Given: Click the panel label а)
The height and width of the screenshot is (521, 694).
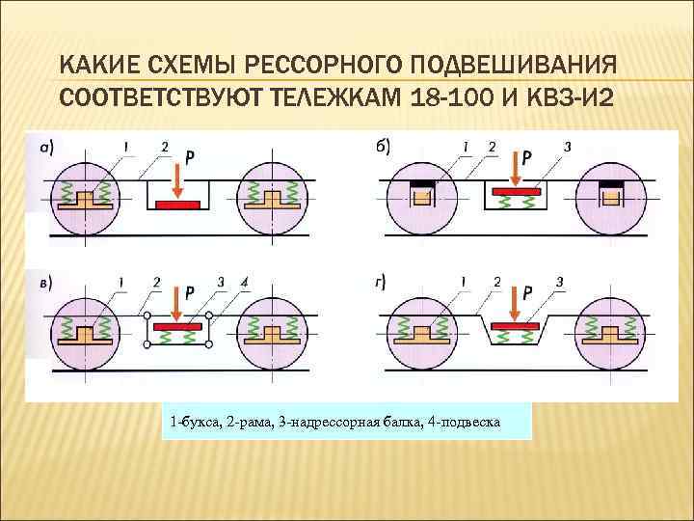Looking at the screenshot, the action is pyautogui.click(x=45, y=147).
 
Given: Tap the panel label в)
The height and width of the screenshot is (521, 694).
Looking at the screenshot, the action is pyautogui.click(x=45, y=282).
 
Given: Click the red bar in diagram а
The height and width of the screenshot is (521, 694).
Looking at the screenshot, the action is pyautogui.click(x=177, y=205).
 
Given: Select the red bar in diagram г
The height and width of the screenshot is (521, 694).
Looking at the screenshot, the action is pyautogui.click(x=516, y=326).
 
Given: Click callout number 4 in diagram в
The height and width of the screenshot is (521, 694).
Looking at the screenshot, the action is pyautogui.click(x=245, y=282).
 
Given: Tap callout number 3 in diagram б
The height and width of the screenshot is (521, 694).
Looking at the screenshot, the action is pyautogui.click(x=567, y=147).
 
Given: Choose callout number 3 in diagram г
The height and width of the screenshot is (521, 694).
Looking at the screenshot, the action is pyautogui.click(x=559, y=282).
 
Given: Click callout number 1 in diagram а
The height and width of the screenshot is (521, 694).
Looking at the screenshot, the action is pyautogui.click(x=124, y=147).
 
